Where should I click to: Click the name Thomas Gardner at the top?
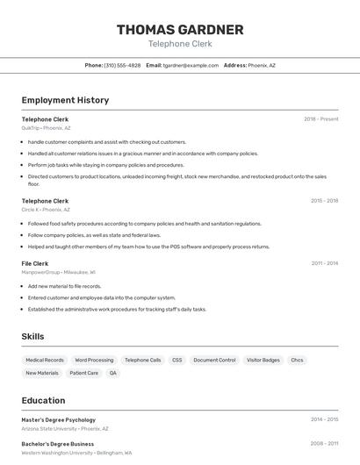pos(180,30)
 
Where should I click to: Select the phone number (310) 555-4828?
pos(122,65)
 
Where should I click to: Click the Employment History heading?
pos(65,100)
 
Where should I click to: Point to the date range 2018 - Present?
pos(320,119)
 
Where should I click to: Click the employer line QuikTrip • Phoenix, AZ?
pos(46,128)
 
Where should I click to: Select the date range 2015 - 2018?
pos(324,201)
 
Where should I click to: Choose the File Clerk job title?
pos(35,263)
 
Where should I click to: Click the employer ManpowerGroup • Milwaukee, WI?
pos(59,272)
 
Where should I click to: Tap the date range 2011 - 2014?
pos(324,263)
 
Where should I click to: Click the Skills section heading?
pos(32,336)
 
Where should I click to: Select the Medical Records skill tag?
pos(45,360)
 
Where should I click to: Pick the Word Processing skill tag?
pos(94,360)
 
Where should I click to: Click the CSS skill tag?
pos(177,360)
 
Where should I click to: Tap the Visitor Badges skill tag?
pos(263,360)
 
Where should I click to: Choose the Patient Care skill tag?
pos(84,373)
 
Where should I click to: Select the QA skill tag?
pos(112,373)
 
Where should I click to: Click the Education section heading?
pos(43,400)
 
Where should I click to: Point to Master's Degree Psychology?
pos(59,419)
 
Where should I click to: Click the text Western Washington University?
pos(57,453)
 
